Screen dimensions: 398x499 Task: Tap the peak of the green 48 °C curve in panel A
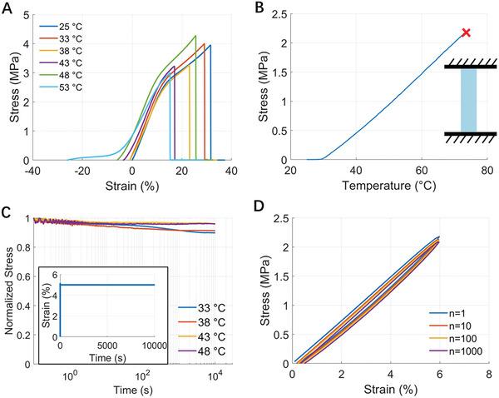coord(195,36)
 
